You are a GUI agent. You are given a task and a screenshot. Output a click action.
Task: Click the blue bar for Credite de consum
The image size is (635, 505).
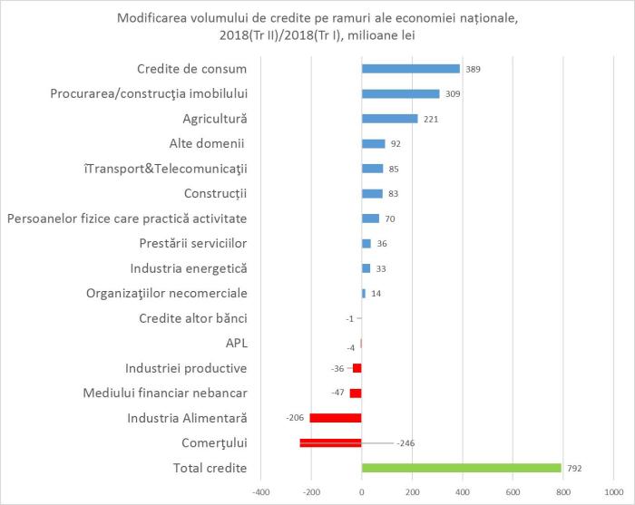click(410, 69)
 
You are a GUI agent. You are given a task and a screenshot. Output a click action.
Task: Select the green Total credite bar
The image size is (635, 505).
click(461, 468)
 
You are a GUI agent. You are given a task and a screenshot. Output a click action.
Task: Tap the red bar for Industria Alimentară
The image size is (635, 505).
click(336, 418)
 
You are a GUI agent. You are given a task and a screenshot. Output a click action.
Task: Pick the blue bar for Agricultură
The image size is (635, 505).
click(389, 119)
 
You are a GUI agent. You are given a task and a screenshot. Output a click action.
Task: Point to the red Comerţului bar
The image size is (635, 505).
click(330, 442)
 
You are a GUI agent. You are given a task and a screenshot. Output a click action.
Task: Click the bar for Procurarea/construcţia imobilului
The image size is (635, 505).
click(400, 93)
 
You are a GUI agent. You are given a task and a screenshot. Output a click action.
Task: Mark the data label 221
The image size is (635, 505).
click(431, 119)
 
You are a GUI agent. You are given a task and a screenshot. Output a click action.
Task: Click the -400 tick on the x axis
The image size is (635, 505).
click(261, 493)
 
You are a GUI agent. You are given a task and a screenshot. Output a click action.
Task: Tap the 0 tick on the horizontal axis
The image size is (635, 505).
click(361, 493)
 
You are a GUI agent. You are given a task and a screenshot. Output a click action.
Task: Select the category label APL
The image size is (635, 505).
click(236, 343)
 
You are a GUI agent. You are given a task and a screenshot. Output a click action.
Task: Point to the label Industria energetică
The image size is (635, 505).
click(189, 268)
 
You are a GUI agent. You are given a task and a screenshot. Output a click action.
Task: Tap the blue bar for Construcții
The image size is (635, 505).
click(372, 193)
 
